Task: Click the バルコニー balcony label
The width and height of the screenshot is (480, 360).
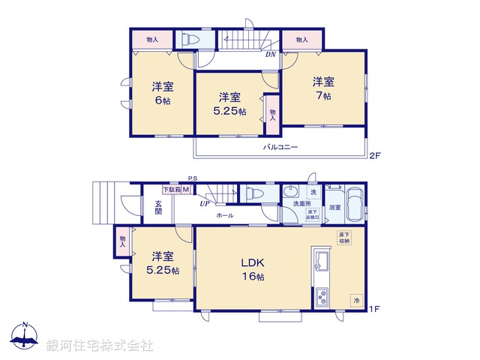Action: (280, 147)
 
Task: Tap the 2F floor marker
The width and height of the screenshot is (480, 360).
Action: (375, 155)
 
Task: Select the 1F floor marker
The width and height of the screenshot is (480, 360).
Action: (375, 308)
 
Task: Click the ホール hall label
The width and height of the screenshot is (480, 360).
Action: (225, 215)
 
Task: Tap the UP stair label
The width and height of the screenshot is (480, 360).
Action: (204, 202)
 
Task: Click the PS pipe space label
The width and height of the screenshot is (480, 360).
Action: (193, 178)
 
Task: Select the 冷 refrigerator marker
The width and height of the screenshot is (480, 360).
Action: (356, 300)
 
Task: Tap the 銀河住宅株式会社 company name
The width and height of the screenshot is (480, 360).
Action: (99, 345)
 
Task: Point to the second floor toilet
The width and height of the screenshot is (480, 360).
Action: (187, 39)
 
